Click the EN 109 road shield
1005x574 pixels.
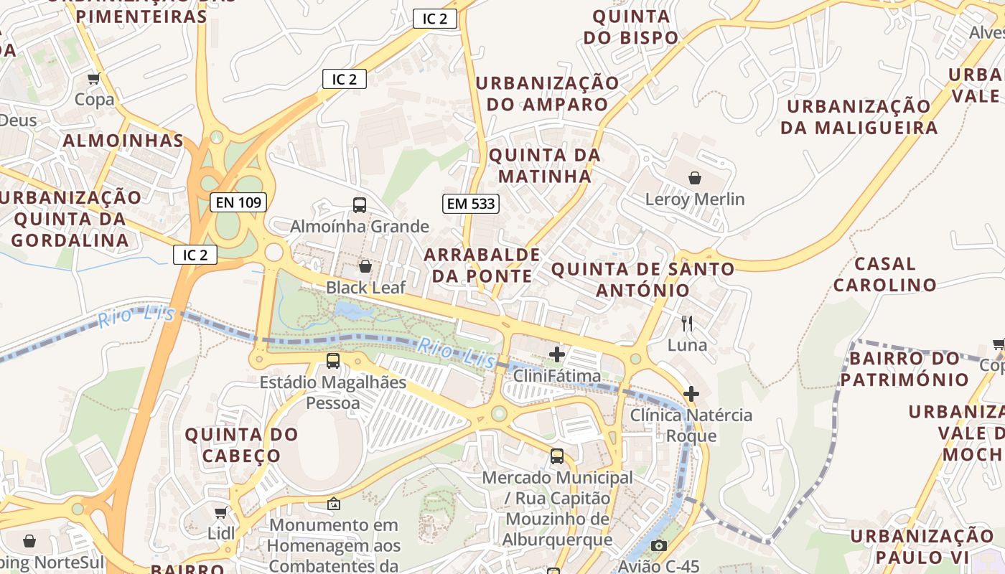[x=238, y=202]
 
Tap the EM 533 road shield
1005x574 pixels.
[x=471, y=204]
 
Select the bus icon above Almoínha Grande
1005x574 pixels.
[x=360, y=205]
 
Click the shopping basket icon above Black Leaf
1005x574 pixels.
[x=365, y=266]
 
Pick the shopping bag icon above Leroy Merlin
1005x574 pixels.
[x=694, y=177]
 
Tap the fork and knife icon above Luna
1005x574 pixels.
[x=687, y=324]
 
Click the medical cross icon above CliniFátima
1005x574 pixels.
[x=557, y=354]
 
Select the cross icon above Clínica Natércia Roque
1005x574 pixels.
[x=691, y=394]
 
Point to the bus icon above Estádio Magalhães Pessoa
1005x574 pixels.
[x=333, y=361]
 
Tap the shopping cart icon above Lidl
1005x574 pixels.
[x=221, y=512]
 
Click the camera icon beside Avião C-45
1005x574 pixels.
[x=659, y=546]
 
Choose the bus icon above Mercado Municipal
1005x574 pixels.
[x=557, y=456]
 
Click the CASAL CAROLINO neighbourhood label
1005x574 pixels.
[x=884, y=274]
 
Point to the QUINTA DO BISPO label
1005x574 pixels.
[x=630, y=27]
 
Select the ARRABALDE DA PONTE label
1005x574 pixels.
[x=482, y=265]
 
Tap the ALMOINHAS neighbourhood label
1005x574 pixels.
[x=123, y=141]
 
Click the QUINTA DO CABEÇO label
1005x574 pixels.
[x=241, y=444]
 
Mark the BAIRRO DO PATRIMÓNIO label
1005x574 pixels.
[x=904, y=368]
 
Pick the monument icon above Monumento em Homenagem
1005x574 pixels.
[x=333, y=504]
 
